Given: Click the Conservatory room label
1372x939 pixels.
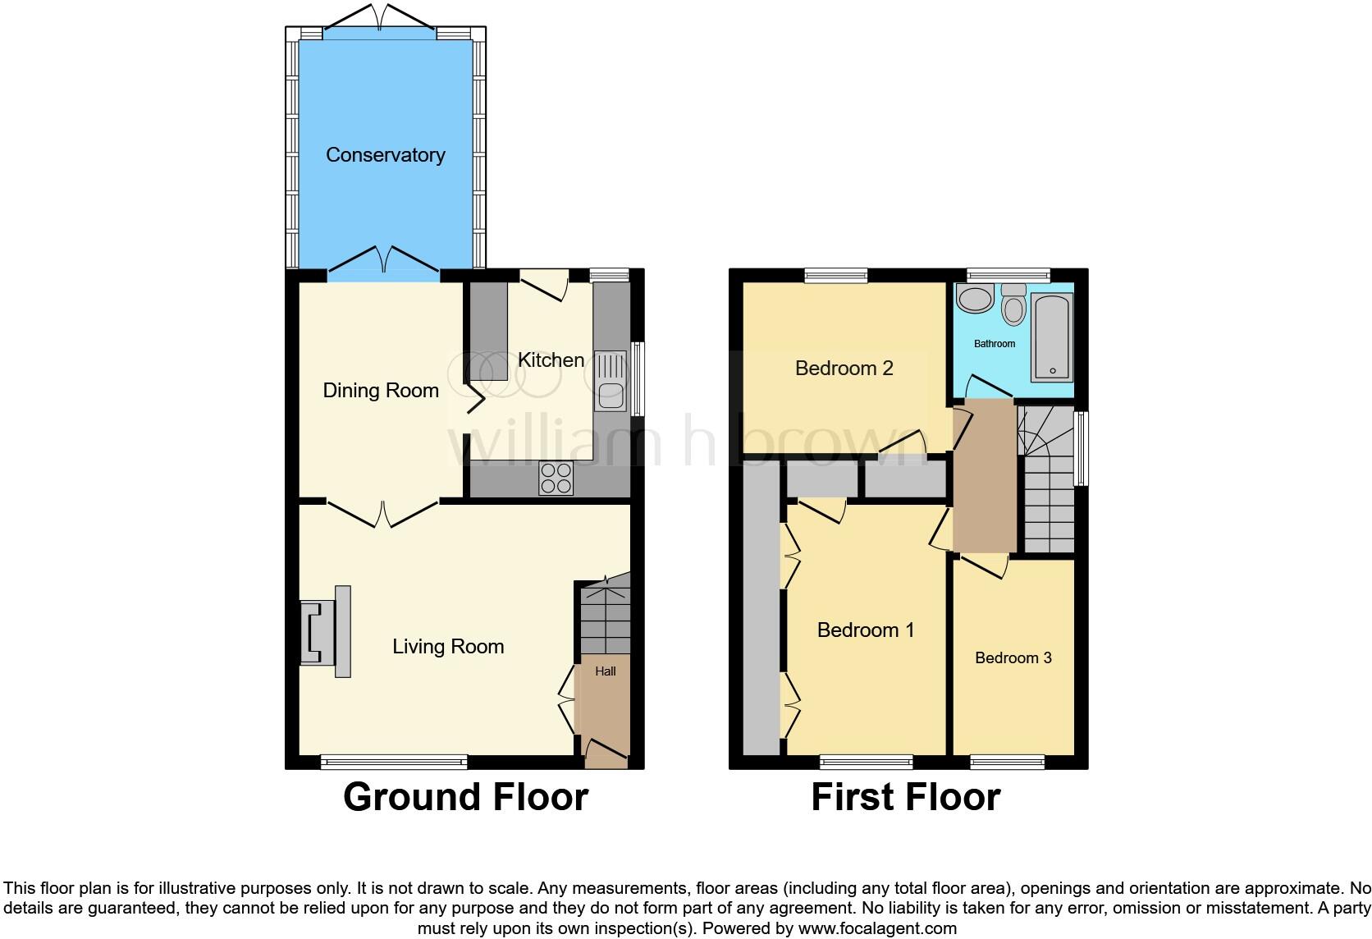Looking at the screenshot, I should tap(385, 155).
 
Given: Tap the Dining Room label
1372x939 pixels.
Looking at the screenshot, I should tap(381, 391).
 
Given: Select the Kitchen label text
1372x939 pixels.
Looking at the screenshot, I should tap(551, 360).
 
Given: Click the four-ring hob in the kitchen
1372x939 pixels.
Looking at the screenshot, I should tap(556, 479).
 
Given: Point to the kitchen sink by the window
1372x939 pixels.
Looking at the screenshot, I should tap(610, 382).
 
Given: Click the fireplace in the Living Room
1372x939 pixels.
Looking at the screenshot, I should tap(326, 631).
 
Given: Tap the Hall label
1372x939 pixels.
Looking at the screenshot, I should tap(606, 671).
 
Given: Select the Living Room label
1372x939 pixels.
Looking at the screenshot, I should tap(448, 647).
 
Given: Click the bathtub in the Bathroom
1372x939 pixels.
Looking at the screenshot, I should tap(1051, 337).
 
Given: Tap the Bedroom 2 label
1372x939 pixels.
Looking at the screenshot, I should tap(844, 369).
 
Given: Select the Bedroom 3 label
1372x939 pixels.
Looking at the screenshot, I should tap(1013, 658).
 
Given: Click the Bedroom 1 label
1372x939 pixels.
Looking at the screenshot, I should tap(865, 630).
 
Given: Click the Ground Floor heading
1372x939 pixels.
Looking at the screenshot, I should tap(465, 797).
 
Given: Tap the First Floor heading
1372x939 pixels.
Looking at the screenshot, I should tap(905, 797).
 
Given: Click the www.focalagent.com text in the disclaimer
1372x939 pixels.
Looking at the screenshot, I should tap(877, 929).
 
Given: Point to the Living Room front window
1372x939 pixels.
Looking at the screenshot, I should tap(394, 763).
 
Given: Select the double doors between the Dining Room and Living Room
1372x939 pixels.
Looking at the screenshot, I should tap(382, 512).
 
